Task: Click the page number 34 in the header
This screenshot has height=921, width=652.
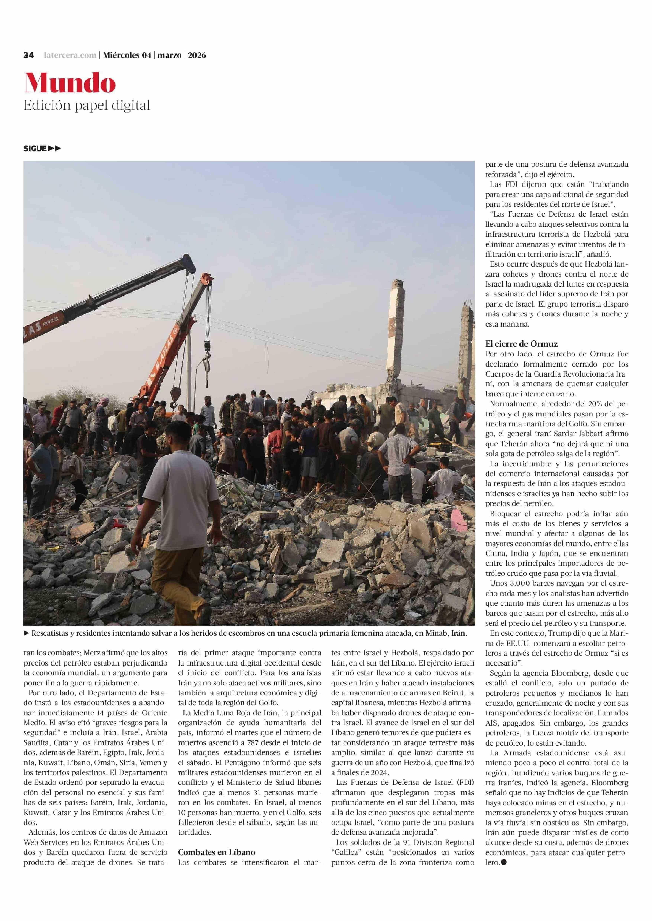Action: pos(28,55)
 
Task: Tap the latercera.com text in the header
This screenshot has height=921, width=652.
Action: pos(70,55)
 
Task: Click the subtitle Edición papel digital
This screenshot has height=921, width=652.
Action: pos(87,106)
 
